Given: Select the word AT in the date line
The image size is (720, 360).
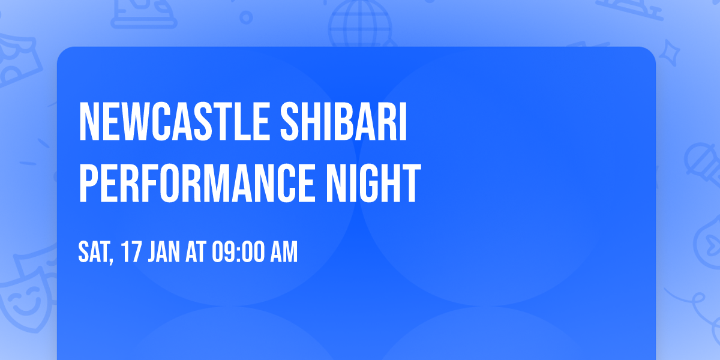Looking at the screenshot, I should [x=196, y=253].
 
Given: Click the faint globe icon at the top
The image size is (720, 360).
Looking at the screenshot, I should [x=359, y=24].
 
